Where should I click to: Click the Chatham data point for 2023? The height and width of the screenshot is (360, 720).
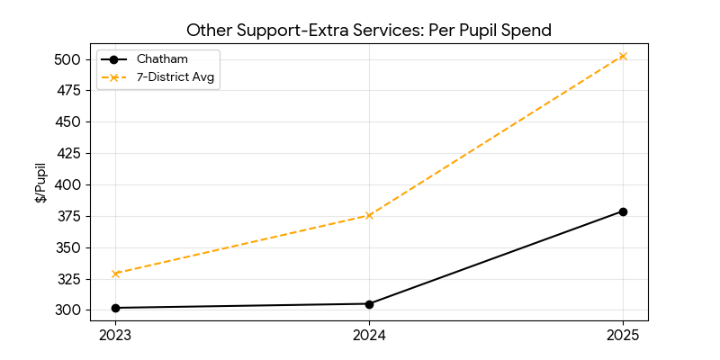coord(115,308)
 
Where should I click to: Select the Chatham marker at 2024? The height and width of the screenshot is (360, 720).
coord(369,304)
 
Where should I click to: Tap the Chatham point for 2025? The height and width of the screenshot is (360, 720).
coord(623,211)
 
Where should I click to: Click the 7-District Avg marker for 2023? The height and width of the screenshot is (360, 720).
coord(115,274)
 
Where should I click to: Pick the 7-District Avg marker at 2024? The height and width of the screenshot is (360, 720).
coord(369,215)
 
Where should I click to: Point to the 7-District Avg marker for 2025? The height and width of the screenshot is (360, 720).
coord(623,56)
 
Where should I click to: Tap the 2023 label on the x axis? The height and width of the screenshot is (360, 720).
coord(115,336)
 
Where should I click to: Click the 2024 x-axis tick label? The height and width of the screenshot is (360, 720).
coord(369,336)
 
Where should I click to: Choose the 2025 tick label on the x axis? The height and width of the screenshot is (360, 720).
coord(623,336)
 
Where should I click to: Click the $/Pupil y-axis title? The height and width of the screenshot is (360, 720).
coord(40,183)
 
